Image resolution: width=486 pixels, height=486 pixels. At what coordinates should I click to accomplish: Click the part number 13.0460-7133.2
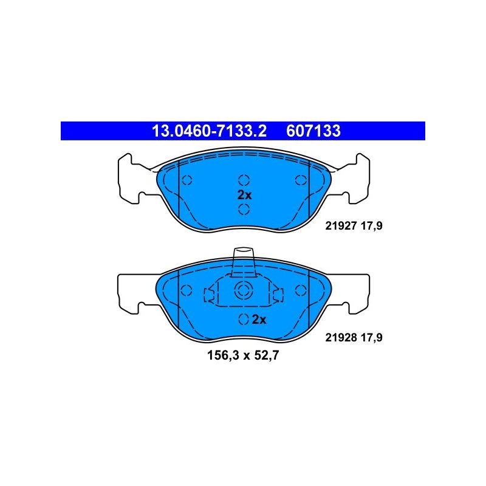pyautogui.click(x=209, y=131)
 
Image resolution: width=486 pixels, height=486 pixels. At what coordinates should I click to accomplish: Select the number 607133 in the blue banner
pyautogui.click(x=313, y=131)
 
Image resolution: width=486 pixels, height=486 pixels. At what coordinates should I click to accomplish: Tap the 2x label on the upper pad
pyautogui.click(x=244, y=195)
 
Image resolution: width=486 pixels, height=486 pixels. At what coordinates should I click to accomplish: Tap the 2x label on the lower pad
pyautogui.click(x=259, y=320)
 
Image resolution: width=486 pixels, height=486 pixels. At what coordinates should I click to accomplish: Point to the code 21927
pyautogui.click(x=341, y=226)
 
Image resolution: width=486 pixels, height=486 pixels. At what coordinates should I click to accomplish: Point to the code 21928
pyautogui.click(x=341, y=338)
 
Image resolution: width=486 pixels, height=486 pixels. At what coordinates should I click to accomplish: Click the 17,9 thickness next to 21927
pyautogui.click(x=372, y=226)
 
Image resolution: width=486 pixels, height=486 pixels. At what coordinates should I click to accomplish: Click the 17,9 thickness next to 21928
pyautogui.click(x=372, y=338)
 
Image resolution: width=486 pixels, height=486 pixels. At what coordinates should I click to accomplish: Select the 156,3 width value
pyautogui.click(x=223, y=355)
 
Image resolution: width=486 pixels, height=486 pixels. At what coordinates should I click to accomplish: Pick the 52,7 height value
pyautogui.click(x=267, y=355)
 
